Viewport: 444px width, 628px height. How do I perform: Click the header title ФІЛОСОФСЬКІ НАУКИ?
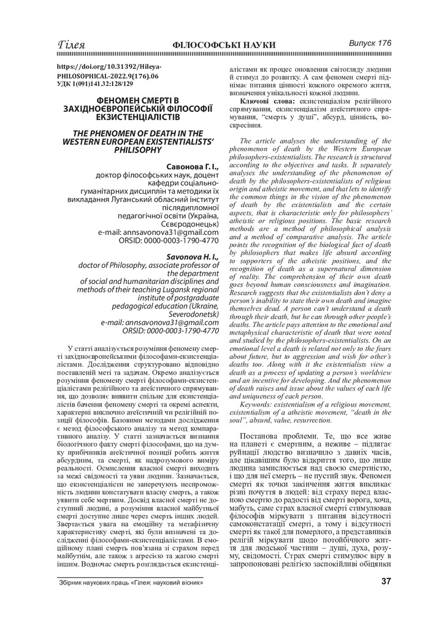click(x=224, y=46)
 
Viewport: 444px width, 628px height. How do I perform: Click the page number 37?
click(x=386, y=581)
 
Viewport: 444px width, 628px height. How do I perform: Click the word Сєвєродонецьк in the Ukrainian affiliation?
click(x=189, y=224)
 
